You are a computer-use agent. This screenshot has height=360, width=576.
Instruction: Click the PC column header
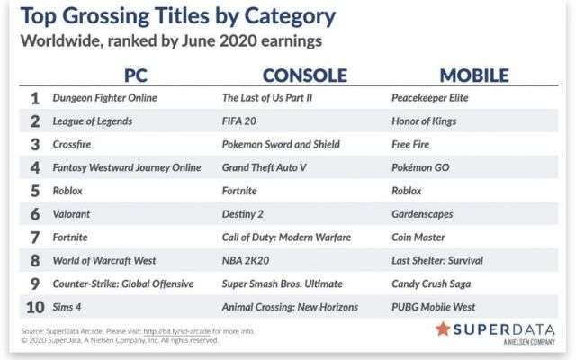point(136,76)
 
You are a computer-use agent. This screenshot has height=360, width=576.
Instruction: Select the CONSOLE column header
point(305,76)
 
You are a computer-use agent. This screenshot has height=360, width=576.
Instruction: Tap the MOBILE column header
point(474,76)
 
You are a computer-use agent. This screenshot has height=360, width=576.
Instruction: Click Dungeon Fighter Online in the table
point(104,98)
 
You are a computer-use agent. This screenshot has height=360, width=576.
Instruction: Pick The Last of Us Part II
point(267,98)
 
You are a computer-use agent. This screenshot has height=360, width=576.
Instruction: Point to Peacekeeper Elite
point(430,98)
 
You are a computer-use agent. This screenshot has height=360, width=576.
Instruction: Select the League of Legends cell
point(92,121)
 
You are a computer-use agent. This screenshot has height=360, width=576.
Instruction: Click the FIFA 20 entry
point(239,121)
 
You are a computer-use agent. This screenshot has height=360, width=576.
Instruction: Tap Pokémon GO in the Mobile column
point(420,167)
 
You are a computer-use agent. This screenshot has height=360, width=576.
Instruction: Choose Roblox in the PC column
point(67,191)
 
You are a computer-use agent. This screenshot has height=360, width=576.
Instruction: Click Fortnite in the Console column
point(239,191)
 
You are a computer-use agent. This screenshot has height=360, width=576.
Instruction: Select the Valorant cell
point(71,214)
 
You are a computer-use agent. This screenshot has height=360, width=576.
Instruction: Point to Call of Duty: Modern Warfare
point(286,238)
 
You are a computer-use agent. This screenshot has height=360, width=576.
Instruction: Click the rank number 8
point(35,260)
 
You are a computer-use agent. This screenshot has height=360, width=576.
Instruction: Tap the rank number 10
point(35,307)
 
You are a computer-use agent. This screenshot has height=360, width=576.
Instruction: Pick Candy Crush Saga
point(431,284)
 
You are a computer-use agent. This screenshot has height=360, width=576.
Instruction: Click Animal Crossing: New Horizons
point(290,307)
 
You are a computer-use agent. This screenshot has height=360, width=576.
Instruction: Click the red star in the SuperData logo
point(443,329)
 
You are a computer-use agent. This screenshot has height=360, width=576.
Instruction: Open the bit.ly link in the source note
point(176,331)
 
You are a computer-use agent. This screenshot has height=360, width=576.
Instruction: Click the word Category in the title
point(290,17)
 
